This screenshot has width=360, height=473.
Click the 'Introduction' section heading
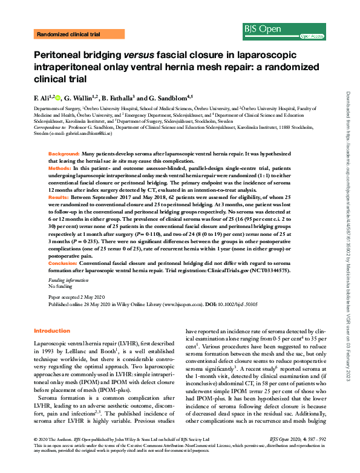[52, 331]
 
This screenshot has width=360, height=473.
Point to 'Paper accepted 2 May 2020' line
[76, 298]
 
